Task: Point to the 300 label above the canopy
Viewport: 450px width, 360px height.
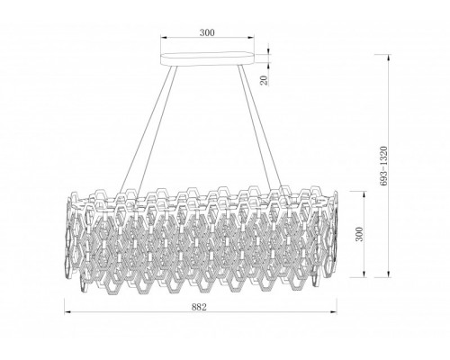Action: (x=207, y=32)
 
